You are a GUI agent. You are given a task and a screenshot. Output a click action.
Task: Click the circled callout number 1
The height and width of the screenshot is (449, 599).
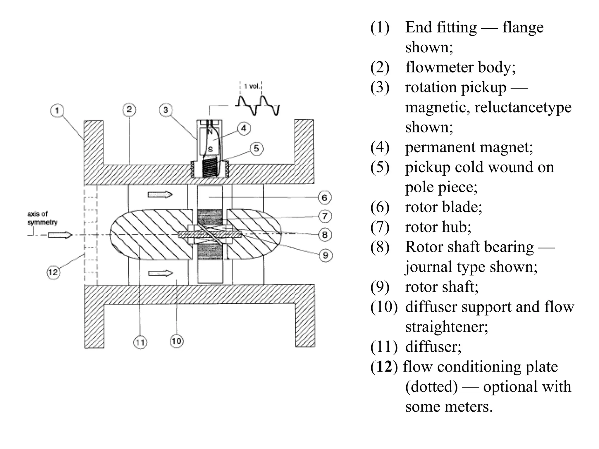click(x=57, y=110)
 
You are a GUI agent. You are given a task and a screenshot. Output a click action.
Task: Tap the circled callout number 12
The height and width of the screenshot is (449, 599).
click(x=53, y=272)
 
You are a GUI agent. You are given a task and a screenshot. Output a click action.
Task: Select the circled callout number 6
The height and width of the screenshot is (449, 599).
click(x=324, y=198)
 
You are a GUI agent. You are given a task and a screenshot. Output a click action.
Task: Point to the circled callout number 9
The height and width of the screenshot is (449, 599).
click(x=325, y=255)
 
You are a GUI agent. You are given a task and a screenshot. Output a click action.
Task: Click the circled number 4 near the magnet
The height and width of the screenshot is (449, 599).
click(x=244, y=128)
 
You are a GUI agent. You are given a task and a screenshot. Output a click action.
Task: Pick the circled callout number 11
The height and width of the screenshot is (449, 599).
click(x=140, y=342)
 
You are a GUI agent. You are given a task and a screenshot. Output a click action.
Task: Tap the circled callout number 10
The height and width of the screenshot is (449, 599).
click(x=176, y=341)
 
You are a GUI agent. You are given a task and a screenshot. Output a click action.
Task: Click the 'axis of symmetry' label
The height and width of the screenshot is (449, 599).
click(x=42, y=218)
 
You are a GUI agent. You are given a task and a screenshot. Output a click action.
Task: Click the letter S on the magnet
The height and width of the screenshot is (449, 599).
click(x=210, y=150)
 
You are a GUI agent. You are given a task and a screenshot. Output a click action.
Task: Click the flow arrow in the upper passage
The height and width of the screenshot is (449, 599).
click(x=160, y=194)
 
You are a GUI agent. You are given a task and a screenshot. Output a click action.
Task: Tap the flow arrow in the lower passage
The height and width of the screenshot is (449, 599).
click(x=161, y=273)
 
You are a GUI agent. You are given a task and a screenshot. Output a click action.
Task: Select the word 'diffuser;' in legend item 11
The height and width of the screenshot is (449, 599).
click(x=433, y=347)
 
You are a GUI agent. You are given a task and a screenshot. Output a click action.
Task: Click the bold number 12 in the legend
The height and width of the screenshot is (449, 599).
click(x=384, y=367)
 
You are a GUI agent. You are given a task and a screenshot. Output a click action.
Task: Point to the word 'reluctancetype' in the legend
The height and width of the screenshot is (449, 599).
click(x=523, y=107)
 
